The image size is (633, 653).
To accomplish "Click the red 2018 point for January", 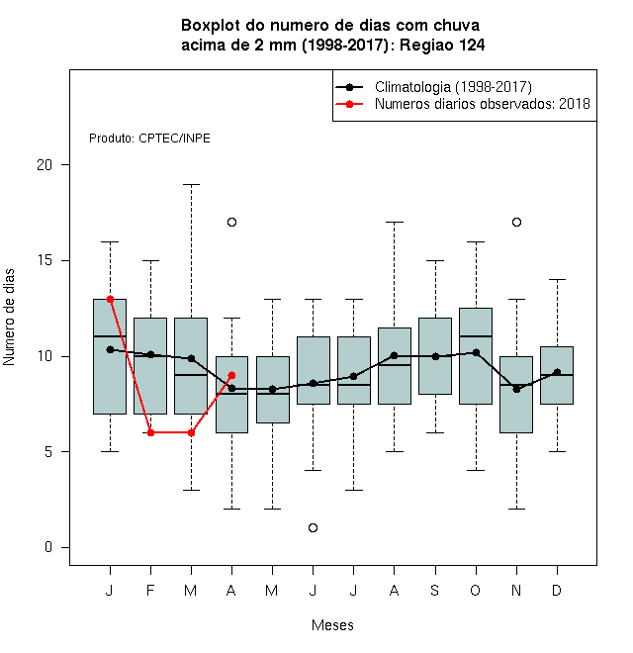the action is pos(111,299).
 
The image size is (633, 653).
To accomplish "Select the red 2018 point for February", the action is pos(150,432).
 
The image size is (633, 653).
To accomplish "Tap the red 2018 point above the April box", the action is pos(232,375).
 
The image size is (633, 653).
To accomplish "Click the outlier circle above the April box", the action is pos(232,222).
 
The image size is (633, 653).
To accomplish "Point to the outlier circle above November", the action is pos(517,222).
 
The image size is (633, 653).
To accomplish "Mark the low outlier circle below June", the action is pos(314,527).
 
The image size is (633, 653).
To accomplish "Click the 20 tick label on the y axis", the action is pos(45,165).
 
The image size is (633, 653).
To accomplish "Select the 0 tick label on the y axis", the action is pos(48,547).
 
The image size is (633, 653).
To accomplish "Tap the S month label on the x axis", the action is pos(435,590).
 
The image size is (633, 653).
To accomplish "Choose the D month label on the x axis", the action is pos(557,590).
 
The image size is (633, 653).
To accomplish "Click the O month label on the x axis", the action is pos(475,590).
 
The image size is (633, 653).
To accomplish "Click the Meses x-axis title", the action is pos(332,625).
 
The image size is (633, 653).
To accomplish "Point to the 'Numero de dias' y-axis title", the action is pos(9,318).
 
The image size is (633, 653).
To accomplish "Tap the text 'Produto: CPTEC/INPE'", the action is pos(149,139).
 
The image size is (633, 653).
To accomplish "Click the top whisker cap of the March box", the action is pos(191,184).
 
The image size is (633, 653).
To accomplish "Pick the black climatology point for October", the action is pos(476,353).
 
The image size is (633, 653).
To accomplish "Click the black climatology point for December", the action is pos(557,372).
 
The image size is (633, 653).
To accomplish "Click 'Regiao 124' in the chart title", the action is pos(442,45).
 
